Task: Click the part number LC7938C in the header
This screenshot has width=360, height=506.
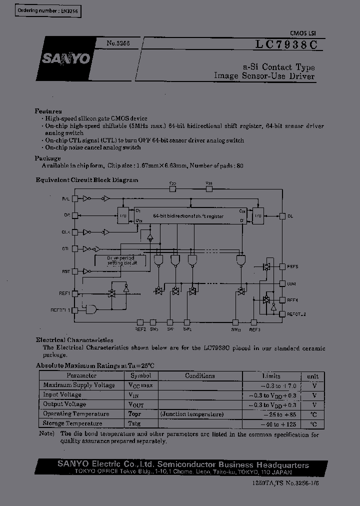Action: coord(286,44)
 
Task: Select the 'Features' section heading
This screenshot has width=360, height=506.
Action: coord(48,111)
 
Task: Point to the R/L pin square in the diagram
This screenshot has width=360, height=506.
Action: coord(75,198)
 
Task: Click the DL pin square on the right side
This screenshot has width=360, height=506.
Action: coord(282,216)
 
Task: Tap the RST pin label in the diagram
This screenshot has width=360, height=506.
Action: coord(66,271)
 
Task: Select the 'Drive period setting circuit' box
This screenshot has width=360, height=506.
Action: coord(121,260)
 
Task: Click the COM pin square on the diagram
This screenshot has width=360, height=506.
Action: coord(282,283)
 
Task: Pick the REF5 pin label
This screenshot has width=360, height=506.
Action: coord(292,267)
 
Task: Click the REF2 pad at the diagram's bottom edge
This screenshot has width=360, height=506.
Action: coord(140,322)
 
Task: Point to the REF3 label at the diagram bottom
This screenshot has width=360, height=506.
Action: coord(254,329)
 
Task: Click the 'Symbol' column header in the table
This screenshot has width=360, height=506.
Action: coord(140,375)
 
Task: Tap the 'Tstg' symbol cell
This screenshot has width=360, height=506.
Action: coord(134,423)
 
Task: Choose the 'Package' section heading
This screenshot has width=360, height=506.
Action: coord(47,158)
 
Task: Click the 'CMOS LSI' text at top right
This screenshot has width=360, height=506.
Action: coord(302,33)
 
